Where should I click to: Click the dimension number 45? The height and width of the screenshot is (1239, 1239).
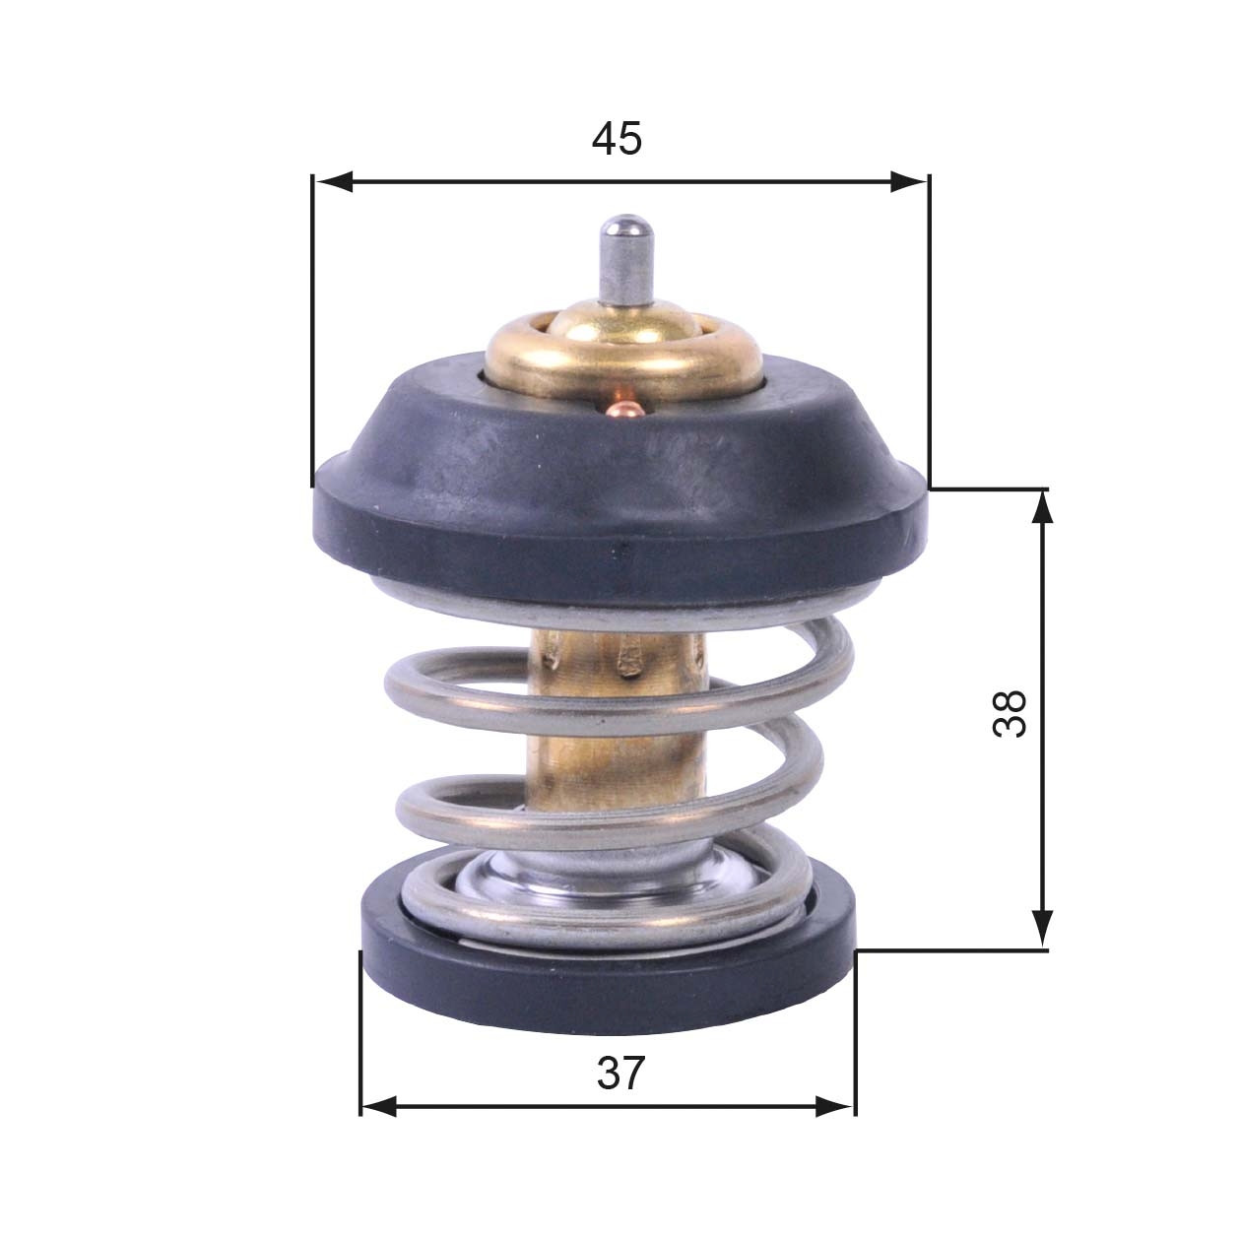coord(617,139)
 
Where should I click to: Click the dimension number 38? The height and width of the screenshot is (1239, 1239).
coord(1011,713)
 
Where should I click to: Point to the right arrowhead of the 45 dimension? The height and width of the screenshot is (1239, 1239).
coord(908,181)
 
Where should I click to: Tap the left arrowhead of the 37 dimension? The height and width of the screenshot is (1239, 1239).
coord(380,1106)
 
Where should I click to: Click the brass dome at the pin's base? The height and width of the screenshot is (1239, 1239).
coord(622,324)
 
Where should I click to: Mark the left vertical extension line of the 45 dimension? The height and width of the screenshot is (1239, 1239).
coord(311,335)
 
